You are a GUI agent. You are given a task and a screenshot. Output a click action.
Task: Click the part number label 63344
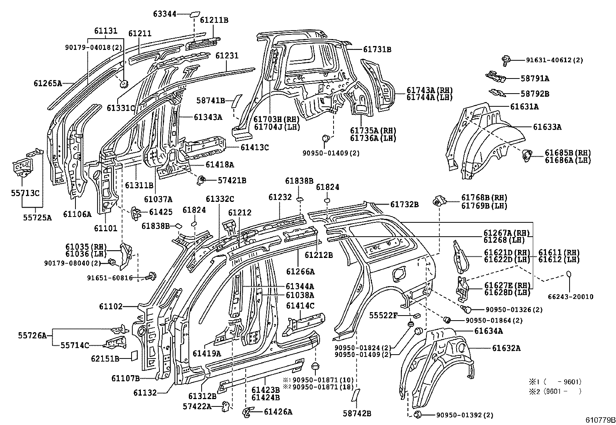point(164,14)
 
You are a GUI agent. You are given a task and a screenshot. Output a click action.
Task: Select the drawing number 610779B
point(600,420)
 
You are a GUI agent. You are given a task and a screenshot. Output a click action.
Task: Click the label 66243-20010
point(570,297)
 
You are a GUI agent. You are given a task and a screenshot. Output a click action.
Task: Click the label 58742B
point(357,413)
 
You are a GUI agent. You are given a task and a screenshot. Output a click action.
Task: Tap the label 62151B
point(105,358)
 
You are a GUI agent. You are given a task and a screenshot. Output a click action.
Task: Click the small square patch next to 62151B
point(133,355)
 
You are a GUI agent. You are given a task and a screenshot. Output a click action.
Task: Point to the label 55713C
point(26,193)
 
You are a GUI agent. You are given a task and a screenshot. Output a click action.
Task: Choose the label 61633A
point(547,127)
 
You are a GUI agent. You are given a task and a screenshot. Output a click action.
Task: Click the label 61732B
point(404,205)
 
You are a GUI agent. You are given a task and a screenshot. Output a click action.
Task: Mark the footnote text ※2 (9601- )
point(555,391)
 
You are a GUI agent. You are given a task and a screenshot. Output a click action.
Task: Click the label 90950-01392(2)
point(465,415)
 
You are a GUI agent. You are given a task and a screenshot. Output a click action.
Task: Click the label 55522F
point(383,316)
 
